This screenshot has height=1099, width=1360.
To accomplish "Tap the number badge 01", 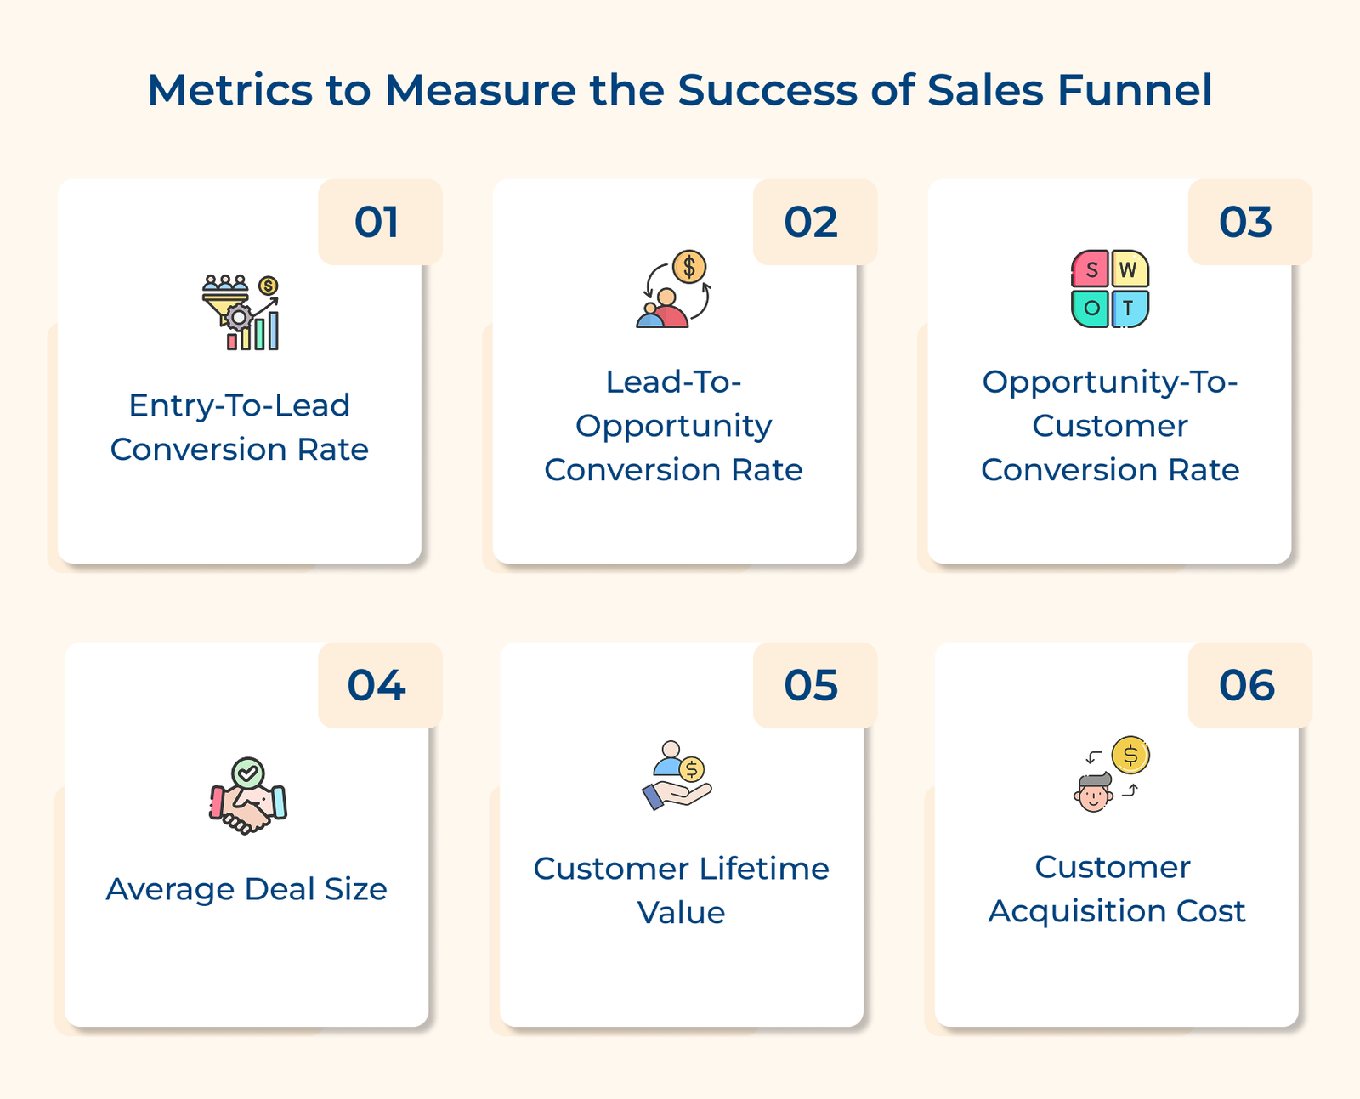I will point(377,223).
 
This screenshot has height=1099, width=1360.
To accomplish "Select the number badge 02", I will point(812,223).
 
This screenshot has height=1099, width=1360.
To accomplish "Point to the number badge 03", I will point(1246,223).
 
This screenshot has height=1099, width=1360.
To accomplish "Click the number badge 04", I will point(377,686).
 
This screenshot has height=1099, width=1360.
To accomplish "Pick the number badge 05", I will point(812,686).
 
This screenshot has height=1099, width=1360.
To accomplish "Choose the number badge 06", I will point(1247,686).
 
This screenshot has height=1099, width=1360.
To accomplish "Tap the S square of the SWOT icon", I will point(1091,270).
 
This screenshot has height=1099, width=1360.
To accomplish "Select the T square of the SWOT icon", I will point(1129,309).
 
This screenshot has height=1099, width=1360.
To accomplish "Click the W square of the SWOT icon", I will point(1129,270).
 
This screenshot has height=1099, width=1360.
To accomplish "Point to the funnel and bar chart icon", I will point(241,312).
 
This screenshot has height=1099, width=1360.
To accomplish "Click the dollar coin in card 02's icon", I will point(689,267).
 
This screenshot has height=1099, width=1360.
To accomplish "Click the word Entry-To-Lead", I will point(239,405).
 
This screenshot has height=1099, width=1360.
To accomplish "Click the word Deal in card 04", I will point(272,889).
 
